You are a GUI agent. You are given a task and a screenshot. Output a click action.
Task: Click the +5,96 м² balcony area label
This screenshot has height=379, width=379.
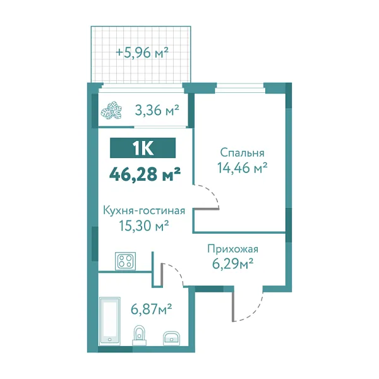[141, 53]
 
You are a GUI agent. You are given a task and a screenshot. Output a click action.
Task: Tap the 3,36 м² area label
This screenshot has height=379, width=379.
[156, 111]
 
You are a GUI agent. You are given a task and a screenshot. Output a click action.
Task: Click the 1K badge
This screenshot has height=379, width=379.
[142, 148]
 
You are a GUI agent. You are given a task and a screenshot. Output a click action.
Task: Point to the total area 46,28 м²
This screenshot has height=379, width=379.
[145, 173]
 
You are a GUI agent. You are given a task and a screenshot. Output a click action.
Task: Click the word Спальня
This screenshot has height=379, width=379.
[242, 153]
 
